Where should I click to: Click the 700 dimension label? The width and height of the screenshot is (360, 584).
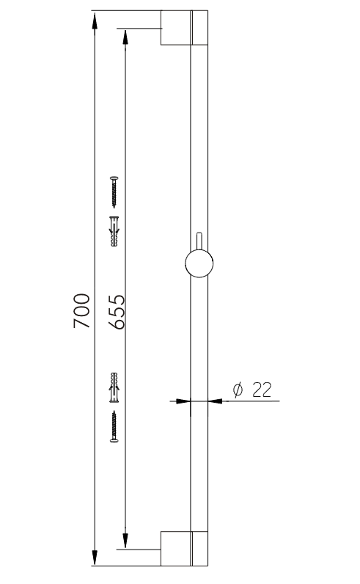tap(82, 310)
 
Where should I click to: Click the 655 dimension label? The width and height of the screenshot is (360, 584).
tap(116, 312)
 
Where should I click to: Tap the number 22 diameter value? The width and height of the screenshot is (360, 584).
tap(262, 390)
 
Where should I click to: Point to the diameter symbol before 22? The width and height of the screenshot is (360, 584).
tap(238, 390)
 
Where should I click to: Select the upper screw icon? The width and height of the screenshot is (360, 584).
tap(114, 192)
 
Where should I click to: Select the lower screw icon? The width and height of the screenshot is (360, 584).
tap(114, 426)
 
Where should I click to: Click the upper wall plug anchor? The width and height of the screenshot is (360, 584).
tap(114, 231)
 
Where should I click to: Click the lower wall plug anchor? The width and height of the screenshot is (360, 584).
tap(114, 387)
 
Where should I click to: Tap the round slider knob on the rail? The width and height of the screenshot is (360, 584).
tap(199, 263)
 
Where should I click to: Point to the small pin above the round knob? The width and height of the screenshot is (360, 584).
tap(199, 241)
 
